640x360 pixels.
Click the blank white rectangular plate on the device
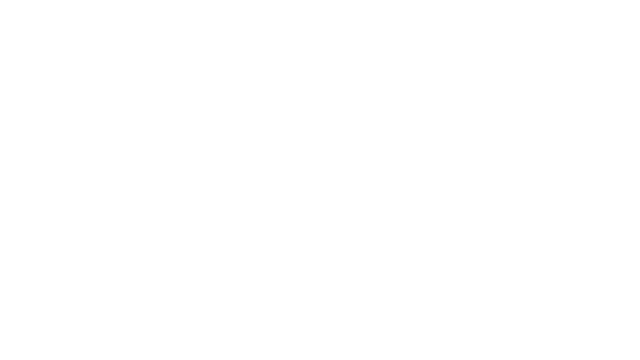click(246, 107)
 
